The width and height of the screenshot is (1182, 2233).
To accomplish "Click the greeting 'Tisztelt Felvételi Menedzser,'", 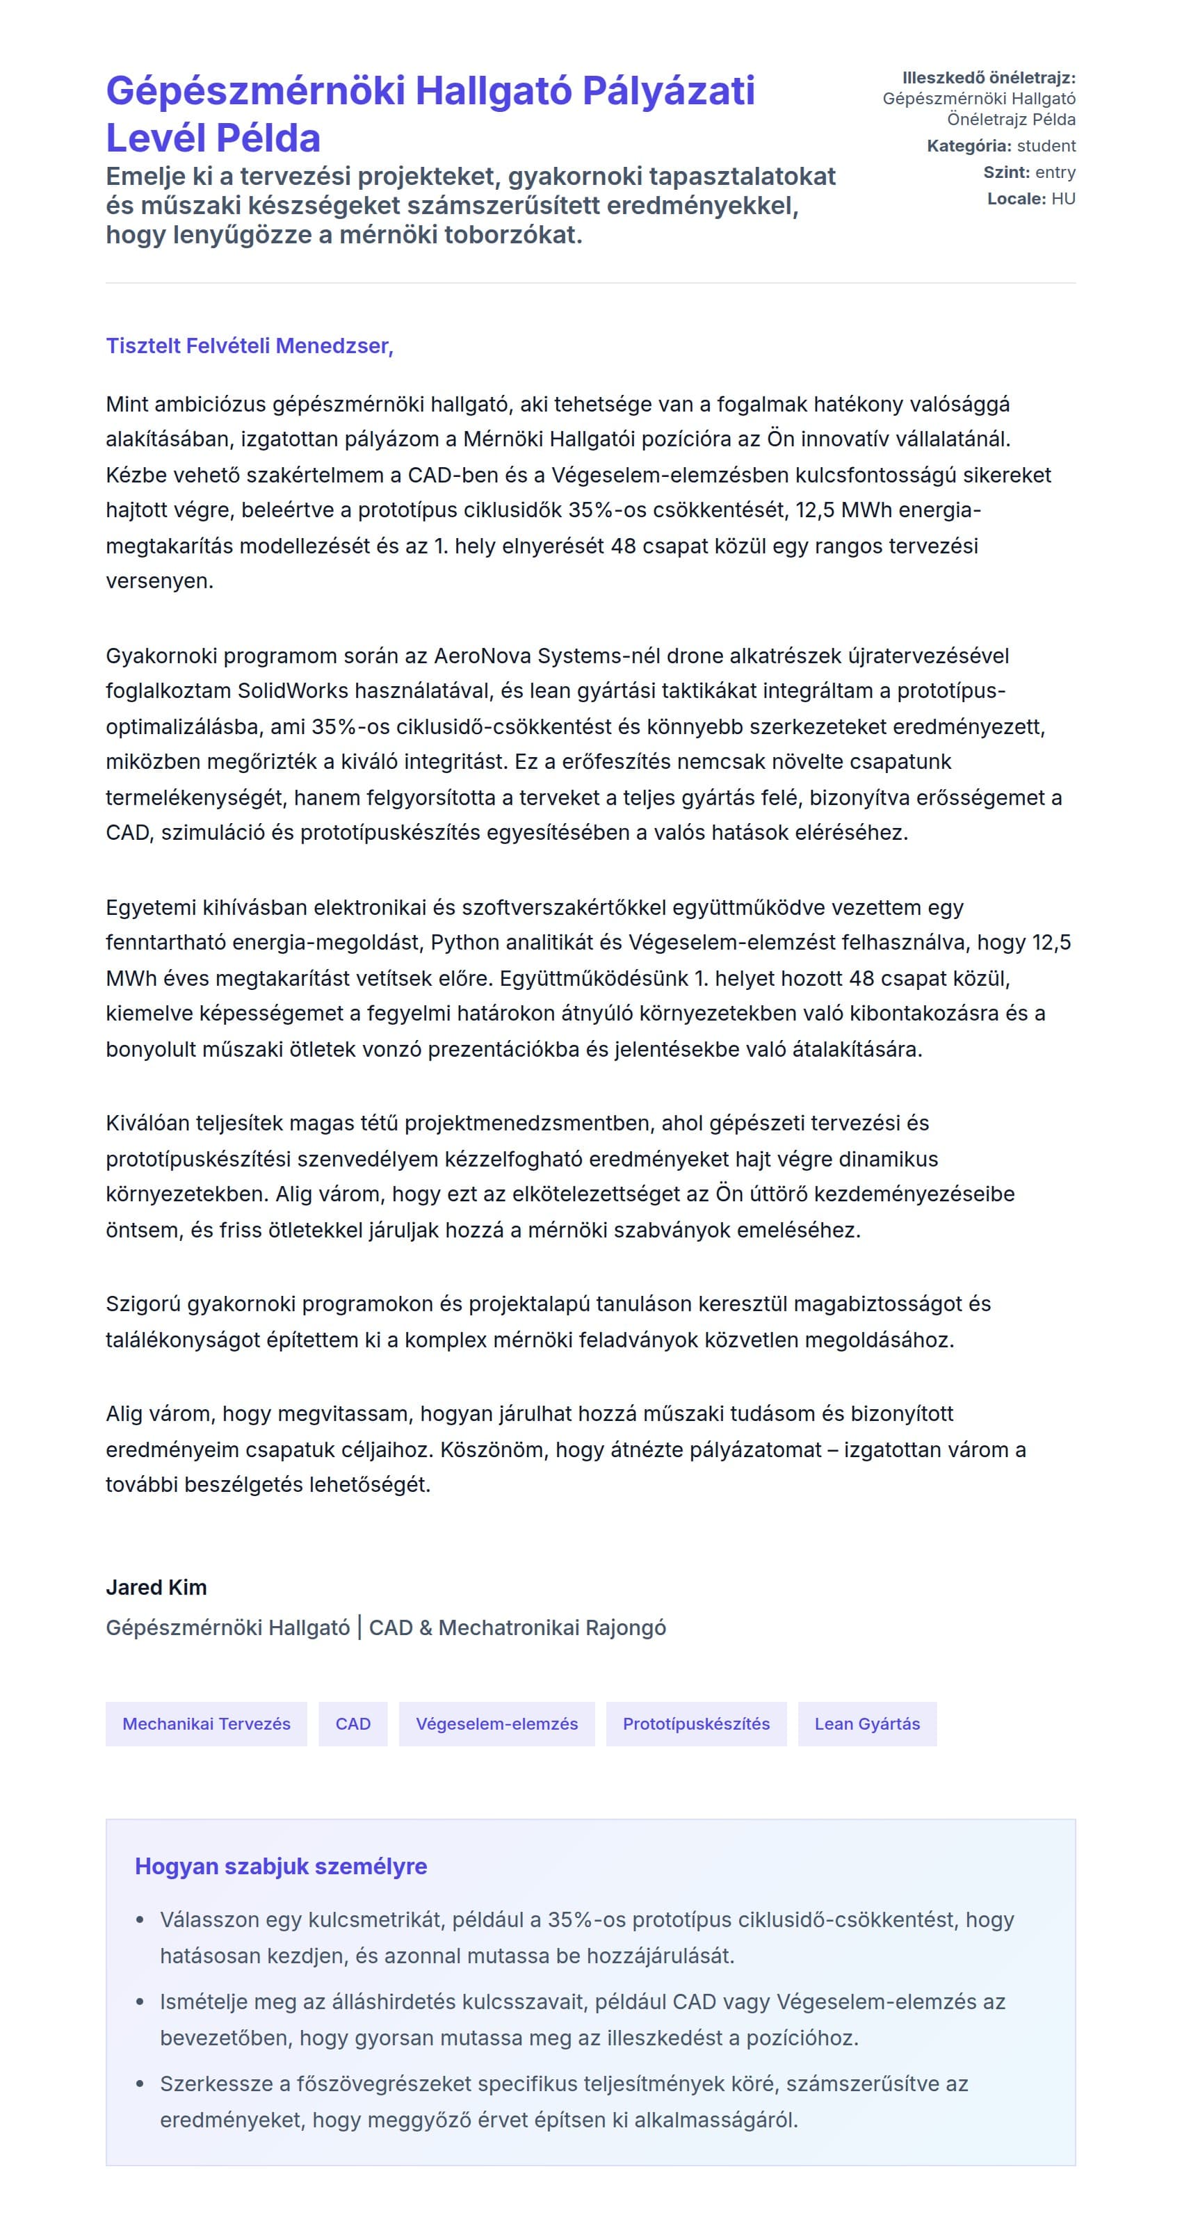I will (249, 346).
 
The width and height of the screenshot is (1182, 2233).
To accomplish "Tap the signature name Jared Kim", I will (156, 1587).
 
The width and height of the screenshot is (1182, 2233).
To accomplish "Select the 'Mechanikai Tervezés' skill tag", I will (207, 1723).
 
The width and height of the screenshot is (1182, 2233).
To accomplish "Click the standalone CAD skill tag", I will (353, 1723).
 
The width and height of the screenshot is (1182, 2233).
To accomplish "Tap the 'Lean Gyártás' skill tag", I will (866, 1723).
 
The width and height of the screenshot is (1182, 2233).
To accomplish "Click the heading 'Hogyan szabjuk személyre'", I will (280, 1867).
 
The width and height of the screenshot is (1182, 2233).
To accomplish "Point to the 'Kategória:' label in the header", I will (969, 145).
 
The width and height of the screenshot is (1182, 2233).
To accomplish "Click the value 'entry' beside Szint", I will (1055, 172).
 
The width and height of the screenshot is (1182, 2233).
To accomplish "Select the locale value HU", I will (1063, 199).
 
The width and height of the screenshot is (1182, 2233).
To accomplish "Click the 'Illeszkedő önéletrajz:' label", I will (989, 78).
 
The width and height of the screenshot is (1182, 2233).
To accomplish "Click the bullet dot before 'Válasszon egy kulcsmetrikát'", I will (140, 1921).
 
